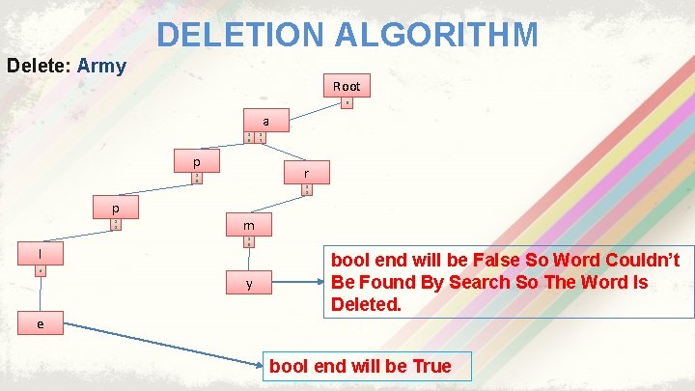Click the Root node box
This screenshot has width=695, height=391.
(347, 86)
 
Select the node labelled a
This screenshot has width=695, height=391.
(265, 121)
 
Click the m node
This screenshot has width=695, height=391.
(248, 226)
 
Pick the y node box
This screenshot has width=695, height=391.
(249, 284)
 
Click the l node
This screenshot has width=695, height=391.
(40, 254)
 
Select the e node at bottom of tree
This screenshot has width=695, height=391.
(40, 324)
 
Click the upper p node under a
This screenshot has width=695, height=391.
(196, 158)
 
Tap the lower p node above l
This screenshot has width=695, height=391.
(115, 209)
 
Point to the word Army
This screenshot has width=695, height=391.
(101, 67)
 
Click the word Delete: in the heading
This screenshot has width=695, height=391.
(39, 67)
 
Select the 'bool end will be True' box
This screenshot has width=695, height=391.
(360, 366)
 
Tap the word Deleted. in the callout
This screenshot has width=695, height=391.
(366, 305)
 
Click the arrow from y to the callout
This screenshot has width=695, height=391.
(300, 283)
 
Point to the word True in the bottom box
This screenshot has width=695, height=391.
(431, 366)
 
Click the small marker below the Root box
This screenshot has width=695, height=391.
(347, 103)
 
